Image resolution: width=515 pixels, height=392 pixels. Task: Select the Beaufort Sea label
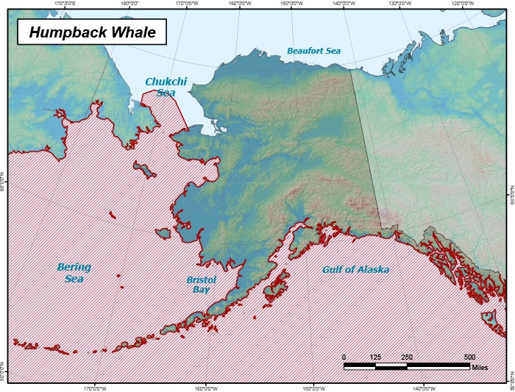pos(313,51)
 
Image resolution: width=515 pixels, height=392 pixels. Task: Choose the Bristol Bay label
pos(201,285)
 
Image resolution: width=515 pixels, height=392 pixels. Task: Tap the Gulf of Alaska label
pos(355,270)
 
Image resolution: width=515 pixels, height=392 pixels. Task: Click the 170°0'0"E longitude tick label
pos(67,3)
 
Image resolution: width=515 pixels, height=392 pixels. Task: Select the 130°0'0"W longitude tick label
pos(399,3)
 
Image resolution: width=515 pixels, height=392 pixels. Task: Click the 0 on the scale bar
pos(344,357)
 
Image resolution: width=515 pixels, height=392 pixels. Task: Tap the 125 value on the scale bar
pos(375,357)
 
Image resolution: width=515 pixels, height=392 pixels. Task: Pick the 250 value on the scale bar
pos(407,357)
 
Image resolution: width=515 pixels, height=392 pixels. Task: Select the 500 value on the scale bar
pos(469,357)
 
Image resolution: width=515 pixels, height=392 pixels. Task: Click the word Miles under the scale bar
pos(480,366)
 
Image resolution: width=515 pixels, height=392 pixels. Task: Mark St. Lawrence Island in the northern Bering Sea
pos(145,171)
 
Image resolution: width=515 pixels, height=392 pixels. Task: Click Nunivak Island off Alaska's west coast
pos(163,233)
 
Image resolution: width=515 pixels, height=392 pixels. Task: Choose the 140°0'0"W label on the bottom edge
pos(422,388)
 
